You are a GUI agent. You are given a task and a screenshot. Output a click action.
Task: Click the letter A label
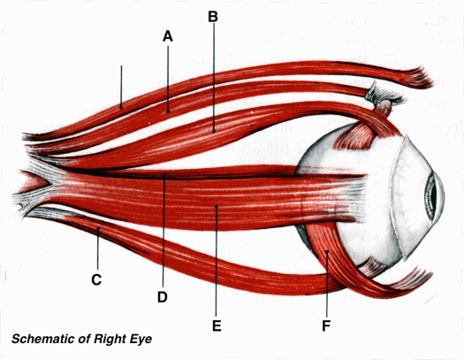tap(168, 36)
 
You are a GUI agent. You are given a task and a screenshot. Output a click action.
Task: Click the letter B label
tap(213, 17)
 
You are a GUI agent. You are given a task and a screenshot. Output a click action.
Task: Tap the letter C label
tap(96, 280)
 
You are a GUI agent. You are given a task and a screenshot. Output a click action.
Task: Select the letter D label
tap(163, 297)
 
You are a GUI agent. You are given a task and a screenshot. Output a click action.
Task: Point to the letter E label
tap(217, 326)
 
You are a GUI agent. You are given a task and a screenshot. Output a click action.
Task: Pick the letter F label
tap(326, 326)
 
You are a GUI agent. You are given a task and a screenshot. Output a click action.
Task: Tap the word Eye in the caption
tap(141, 340)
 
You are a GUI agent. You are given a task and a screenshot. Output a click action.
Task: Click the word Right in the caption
tap(110, 340)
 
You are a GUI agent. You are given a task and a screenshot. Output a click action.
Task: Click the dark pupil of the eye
tap(433, 196)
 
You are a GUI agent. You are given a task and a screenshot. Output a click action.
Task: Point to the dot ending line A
tap(168, 111)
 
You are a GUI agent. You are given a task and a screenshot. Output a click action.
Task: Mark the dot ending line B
tap(214, 131)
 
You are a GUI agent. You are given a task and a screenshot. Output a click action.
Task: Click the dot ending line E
tap(217, 206)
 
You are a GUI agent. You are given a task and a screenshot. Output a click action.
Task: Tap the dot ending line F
tap(327, 252)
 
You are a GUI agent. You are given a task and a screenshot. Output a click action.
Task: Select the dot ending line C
tap(98, 228)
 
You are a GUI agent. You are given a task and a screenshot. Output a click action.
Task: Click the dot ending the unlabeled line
tap(121, 107)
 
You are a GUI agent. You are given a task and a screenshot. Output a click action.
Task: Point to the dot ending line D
tap(164, 174)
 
